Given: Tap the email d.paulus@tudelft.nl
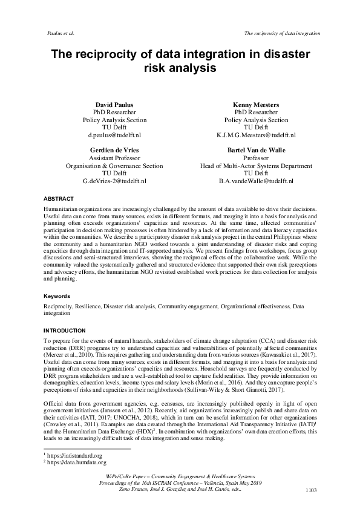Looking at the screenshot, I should click(114, 135).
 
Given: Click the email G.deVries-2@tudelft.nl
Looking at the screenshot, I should click(114, 181).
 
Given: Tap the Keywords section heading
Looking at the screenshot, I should click(56, 297).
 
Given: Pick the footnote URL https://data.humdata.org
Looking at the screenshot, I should click(75, 461).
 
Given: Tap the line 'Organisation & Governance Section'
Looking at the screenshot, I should click(114, 166).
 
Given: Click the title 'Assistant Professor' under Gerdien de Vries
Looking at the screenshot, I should click(114, 158).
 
